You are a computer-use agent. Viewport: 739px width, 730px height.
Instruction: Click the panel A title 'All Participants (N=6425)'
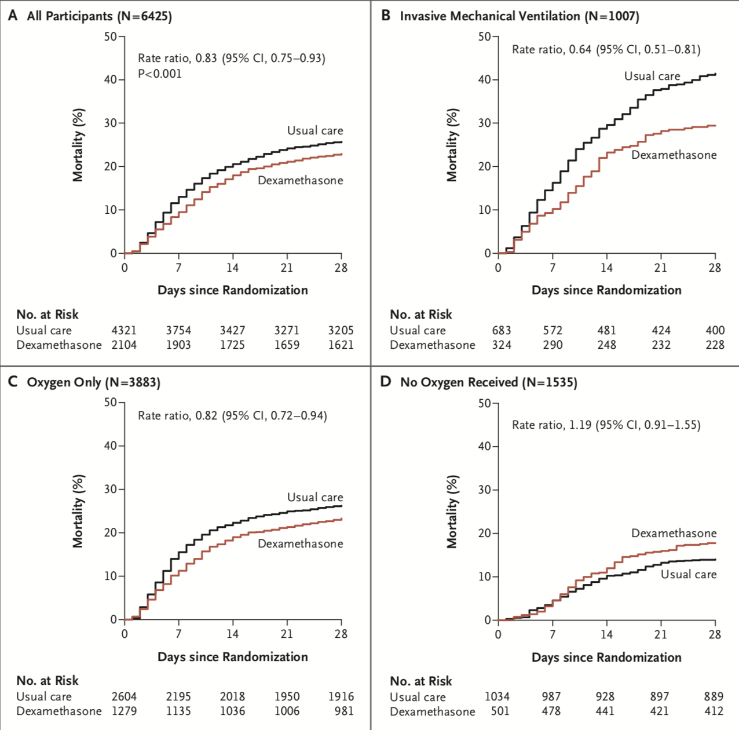coord(99,16)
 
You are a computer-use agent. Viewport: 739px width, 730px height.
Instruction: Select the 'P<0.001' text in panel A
coord(160,74)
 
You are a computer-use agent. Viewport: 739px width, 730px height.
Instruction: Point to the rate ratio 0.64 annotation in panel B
coord(606,49)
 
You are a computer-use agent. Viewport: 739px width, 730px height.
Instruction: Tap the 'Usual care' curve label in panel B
coord(652,76)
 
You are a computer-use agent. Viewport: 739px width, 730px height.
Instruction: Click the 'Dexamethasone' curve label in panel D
coord(674,533)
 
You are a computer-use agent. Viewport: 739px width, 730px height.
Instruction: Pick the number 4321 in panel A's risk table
coord(124,330)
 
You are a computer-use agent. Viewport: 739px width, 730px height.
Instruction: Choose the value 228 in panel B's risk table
coord(715,345)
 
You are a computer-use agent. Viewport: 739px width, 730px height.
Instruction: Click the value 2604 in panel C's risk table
coord(124,696)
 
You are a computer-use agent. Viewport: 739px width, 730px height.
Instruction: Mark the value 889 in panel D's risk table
coord(714,696)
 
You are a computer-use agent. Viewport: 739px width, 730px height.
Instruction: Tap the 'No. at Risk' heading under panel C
coord(47,681)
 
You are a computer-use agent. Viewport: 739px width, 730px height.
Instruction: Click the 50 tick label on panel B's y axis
coord(484,36)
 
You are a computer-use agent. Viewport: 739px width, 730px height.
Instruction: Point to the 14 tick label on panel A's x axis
coord(232,268)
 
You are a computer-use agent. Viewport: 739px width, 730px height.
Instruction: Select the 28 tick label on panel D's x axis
coord(715,634)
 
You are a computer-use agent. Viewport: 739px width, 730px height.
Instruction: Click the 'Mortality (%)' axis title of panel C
coord(78,511)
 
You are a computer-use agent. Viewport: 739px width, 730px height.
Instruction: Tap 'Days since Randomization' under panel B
coord(606,290)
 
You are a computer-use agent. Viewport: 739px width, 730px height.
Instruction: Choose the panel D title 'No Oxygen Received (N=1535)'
coord(488,382)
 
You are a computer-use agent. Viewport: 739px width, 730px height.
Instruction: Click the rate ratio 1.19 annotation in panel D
coord(606,425)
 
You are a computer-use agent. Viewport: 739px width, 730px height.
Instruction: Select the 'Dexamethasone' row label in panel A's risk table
coord(59,345)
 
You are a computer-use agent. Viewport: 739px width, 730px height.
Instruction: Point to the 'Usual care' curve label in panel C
coord(315,497)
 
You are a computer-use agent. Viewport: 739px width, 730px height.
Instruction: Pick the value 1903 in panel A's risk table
coord(178,345)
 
